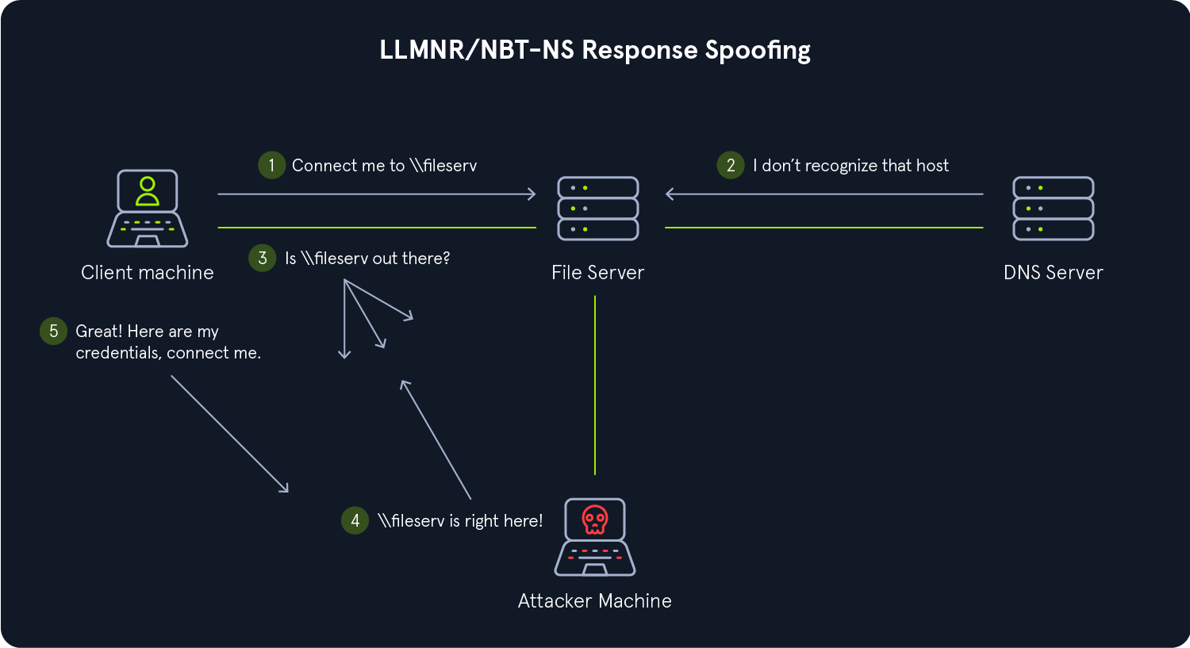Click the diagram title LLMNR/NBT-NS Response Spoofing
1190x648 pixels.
[595, 50]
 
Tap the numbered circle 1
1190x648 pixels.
[271, 165]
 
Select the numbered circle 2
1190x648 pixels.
[731, 165]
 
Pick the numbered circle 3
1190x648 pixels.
[263, 258]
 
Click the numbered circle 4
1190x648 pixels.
[355, 520]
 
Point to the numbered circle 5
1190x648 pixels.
[53, 331]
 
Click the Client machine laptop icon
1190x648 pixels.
[148, 209]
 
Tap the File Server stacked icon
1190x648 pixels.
[598, 209]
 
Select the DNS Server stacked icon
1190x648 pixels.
[1054, 209]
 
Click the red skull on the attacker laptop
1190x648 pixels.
[594, 520]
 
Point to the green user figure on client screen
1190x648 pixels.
[148, 190]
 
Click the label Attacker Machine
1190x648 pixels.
[594, 601]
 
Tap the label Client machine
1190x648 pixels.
[148, 273]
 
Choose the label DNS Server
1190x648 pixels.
[1053, 273]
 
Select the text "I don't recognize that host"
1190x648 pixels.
[850, 166]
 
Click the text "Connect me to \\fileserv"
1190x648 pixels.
[384, 166]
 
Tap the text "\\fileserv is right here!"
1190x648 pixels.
[460, 521]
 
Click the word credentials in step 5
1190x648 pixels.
[117, 353]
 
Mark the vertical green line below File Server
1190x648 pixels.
[595, 385]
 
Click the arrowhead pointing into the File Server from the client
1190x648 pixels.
[532, 194]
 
